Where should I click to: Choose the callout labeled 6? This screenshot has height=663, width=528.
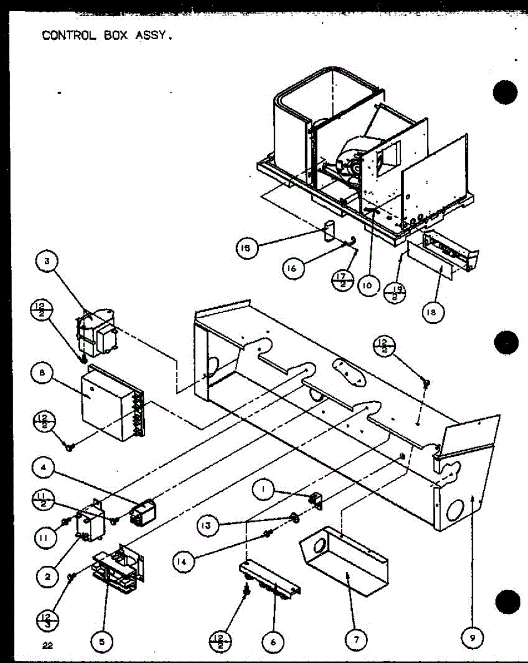click(x=274, y=642)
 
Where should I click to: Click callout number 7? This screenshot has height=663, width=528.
click(x=356, y=640)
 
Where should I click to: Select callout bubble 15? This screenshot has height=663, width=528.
click(x=246, y=248)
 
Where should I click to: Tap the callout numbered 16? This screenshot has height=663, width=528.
click(x=292, y=269)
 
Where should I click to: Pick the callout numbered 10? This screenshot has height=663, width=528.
click(x=365, y=286)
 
